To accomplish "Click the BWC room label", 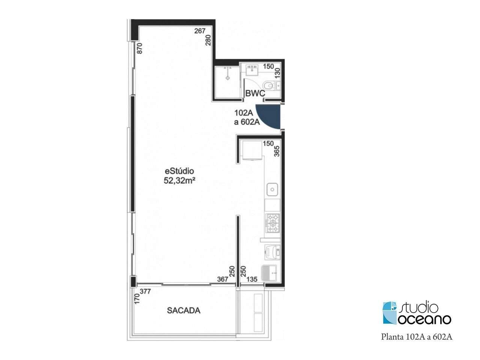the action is point(255,93).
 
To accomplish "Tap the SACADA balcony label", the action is point(183,310).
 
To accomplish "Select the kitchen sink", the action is point(272,189).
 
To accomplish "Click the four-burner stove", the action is point(273,223).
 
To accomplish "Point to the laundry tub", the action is point(269,273).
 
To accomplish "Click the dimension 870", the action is point(139,48).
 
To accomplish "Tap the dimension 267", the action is point(200,31).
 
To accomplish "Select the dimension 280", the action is point(208,40).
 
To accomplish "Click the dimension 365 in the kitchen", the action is point(277,151).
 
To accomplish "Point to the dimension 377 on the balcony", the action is point(145,291).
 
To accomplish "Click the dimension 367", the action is point(223,279).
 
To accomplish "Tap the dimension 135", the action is point(252,279).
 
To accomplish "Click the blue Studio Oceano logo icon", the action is point(390,313).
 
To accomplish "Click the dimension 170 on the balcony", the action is point(136,299).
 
